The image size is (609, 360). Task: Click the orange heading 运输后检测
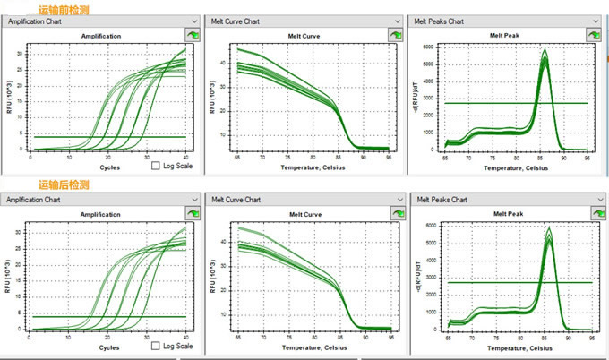pos(64,185)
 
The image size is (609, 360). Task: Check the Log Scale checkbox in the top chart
pos(156,166)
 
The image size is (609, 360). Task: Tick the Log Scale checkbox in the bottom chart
pos(156,346)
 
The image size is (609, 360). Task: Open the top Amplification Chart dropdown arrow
pos(194,20)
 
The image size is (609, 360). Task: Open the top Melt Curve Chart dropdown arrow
pos(396,20)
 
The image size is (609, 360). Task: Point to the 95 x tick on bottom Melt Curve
pos(390,337)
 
